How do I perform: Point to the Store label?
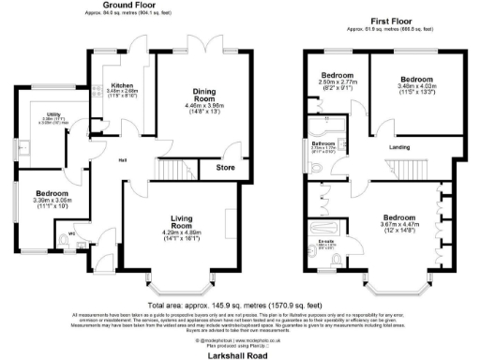226,169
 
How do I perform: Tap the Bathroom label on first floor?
324,142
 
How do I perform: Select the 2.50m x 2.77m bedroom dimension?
336,83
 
